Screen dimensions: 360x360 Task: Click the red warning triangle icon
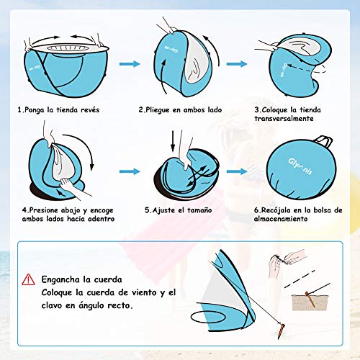(x=28, y=279)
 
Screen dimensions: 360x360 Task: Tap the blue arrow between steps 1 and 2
(x=130, y=64)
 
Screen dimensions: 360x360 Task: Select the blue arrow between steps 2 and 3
(x=237, y=64)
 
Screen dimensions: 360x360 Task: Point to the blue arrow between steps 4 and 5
(x=130, y=171)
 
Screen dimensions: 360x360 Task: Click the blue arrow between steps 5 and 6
(x=237, y=171)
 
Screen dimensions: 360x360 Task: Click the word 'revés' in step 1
(x=90, y=110)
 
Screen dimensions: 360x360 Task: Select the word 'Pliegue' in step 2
(x=158, y=110)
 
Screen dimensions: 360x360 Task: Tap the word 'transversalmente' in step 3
(x=284, y=119)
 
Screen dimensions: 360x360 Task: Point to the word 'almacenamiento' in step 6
(x=281, y=219)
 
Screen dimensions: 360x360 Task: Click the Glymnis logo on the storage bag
(x=300, y=166)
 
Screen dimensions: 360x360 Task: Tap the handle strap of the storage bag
(x=325, y=141)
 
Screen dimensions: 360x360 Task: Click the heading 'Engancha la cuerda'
(x=81, y=279)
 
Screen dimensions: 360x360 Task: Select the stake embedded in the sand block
(x=310, y=300)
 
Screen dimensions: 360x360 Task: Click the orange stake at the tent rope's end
(x=281, y=331)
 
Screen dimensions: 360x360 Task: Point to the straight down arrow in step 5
(x=173, y=141)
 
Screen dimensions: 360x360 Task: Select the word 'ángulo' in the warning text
(x=91, y=306)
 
